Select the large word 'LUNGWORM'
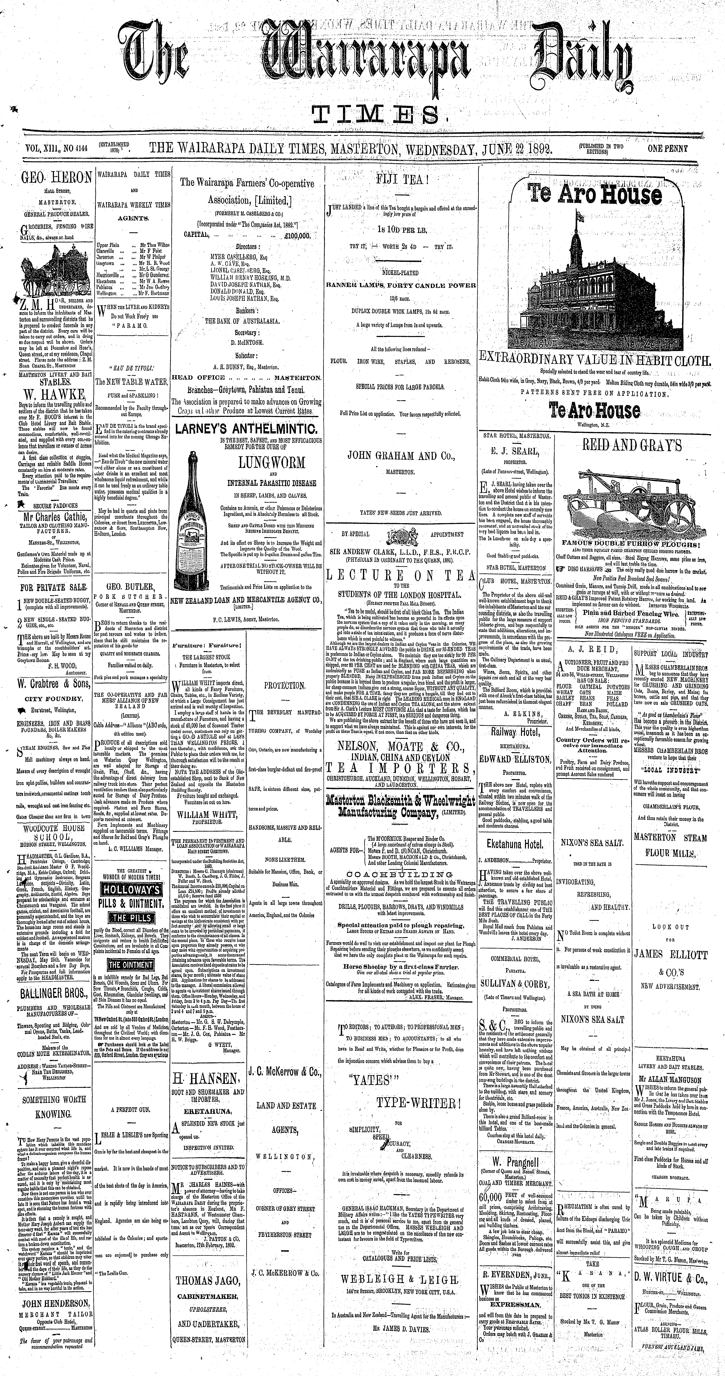[271, 462]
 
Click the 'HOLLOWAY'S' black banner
[132, 889]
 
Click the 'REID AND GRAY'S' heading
[632, 445]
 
